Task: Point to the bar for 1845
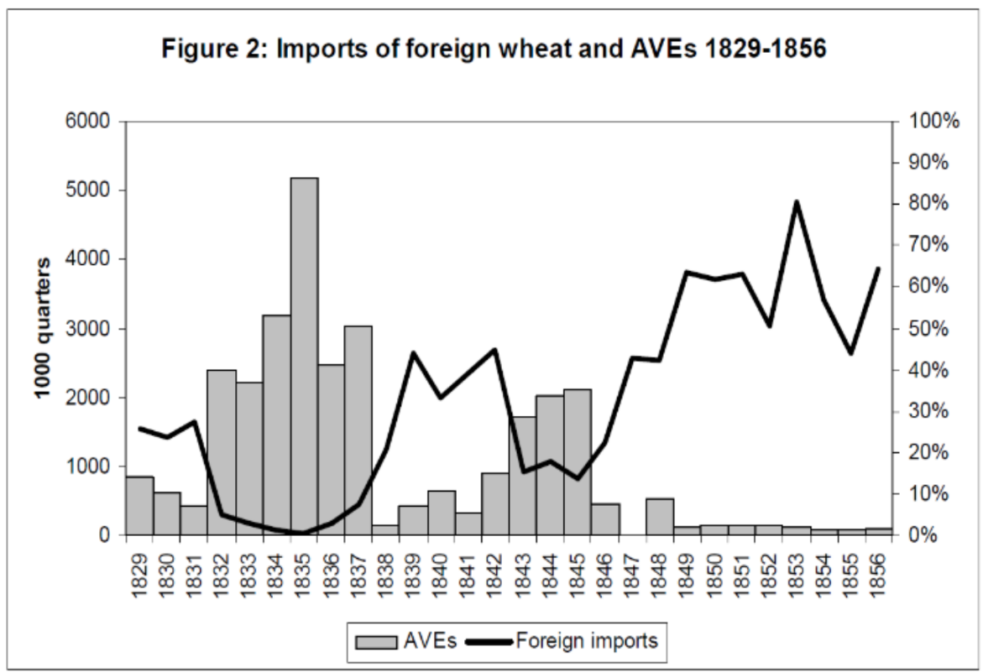tap(578, 461)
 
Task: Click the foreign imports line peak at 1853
tap(796, 202)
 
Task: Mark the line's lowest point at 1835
tap(304, 533)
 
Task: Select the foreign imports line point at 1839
tap(413, 353)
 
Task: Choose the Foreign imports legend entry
tap(561, 642)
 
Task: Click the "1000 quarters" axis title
tap(42, 328)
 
